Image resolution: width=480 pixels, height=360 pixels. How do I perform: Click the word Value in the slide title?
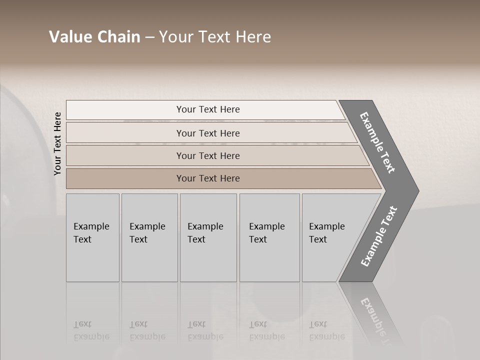(70, 37)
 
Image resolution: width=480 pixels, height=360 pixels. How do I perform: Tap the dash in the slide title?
(150, 37)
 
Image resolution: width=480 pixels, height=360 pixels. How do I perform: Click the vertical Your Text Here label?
(57, 143)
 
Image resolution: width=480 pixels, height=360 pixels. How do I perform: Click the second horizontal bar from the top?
(207, 133)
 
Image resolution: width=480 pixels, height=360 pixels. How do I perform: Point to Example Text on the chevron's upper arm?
(377, 142)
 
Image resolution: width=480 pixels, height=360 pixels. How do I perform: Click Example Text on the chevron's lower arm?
(379, 236)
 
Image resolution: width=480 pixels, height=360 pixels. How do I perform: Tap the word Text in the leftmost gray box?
(82, 239)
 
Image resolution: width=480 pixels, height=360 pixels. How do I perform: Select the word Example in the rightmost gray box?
(327, 226)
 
